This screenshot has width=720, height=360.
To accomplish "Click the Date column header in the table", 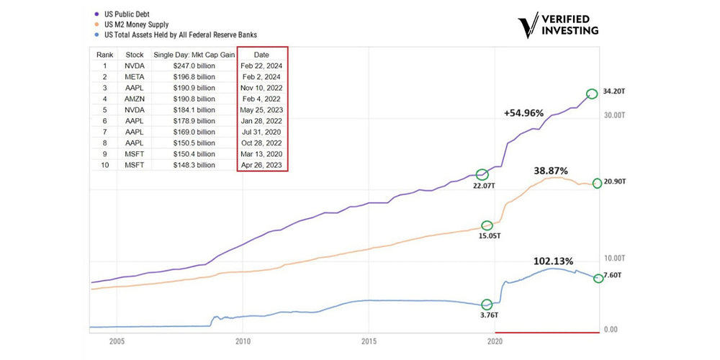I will click(x=262, y=55).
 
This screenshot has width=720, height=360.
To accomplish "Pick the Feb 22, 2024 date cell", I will click(x=263, y=65).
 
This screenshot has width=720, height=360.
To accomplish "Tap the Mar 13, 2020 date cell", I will click(x=263, y=154).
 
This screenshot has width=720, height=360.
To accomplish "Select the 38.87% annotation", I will click(x=551, y=171).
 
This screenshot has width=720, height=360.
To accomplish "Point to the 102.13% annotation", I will click(x=553, y=261).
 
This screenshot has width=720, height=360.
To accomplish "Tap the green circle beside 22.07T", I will click(x=482, y=174).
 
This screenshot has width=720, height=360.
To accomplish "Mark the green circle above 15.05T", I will click(x=487, y=225).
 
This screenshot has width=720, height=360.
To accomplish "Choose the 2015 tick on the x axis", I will click(x=369, y=343).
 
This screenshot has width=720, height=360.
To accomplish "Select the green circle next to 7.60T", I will click(x=598, y=278).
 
